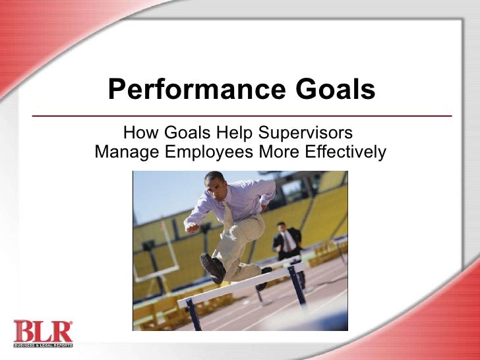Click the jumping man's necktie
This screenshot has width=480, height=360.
[227, 215]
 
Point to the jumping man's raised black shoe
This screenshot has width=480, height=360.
[213, 268]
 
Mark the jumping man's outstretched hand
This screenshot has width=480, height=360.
[192, 227]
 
